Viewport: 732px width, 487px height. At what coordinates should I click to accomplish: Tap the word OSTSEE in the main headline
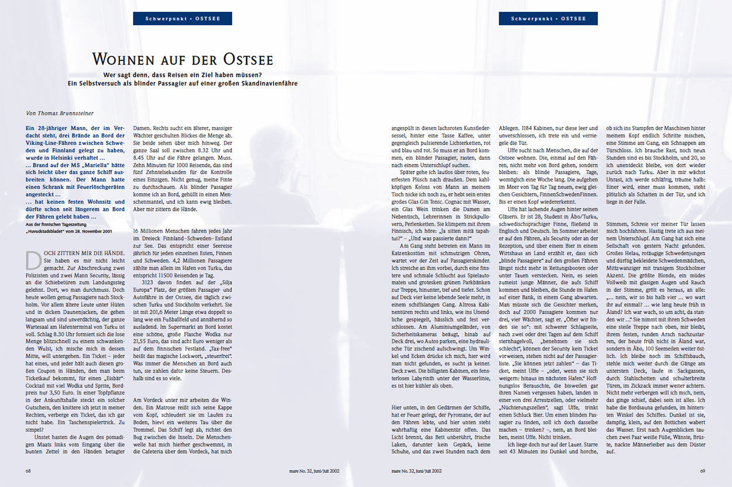coord(247,60)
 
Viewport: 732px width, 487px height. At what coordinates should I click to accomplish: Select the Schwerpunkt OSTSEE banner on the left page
coord(183,19)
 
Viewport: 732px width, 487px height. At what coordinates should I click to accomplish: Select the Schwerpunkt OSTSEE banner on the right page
coord(548,19)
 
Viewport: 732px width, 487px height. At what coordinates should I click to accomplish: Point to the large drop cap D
coord(34,259)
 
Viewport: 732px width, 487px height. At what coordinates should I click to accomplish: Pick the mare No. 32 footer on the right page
coord(416,470)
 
